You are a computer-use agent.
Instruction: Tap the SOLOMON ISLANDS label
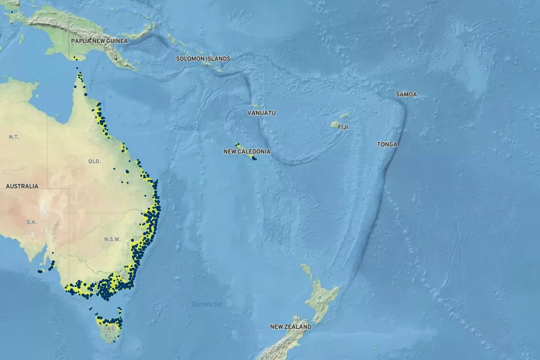(x=203, y=59)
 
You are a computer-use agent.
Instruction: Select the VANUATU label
(x=262, y=113)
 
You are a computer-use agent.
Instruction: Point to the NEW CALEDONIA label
(x=247, y=152)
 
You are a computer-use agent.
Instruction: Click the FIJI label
(x=343, y=127)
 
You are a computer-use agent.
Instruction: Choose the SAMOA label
(x=406, y=95)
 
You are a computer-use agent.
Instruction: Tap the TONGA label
(x=387, y=145)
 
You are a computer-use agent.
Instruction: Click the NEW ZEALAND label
(x=290, y=327)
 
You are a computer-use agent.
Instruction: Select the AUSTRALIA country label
(x=22, y=186)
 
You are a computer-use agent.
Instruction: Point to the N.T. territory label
(x=14, y=137)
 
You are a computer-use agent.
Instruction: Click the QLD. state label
(x=95, y=161)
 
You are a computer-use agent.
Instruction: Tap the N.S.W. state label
(x=112, y=239)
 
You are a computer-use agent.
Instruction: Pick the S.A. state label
(x=32, y=222)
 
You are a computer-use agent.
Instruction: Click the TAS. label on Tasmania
(x=109, y=329)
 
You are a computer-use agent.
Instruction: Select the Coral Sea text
(x=185, y=128)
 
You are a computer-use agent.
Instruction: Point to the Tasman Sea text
(x=206, y=304)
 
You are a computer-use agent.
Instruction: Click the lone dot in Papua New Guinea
(x=74, y=58)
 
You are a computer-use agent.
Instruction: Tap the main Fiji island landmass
(x=335, y=125)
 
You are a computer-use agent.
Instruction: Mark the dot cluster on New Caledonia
(x=253, y=158)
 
